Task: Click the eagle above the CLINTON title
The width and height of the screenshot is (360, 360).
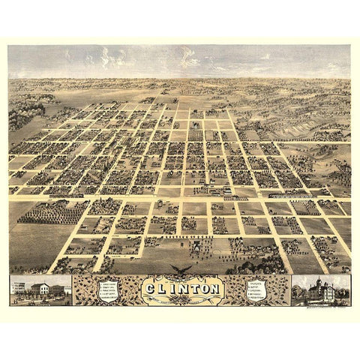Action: [180, 268]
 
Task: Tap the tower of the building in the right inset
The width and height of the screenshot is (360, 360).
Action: [321, 282]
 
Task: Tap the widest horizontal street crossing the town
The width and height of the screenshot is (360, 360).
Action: [180, 196]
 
